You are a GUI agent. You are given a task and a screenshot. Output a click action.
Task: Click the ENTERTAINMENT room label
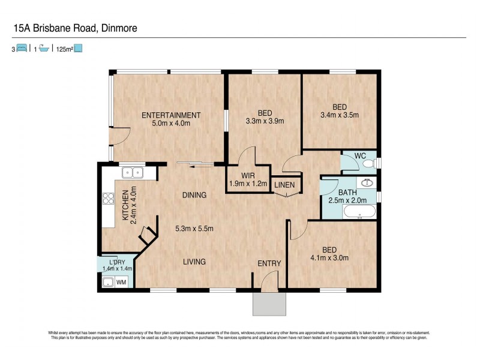170,115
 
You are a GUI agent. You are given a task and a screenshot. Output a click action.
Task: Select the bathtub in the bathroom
358,212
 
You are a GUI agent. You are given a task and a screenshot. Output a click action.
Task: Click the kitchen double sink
132,173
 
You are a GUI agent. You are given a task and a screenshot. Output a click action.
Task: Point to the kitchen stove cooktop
109,199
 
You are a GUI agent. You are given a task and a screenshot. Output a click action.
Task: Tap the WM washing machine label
121,281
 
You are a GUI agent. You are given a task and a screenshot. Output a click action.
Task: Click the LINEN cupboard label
284,185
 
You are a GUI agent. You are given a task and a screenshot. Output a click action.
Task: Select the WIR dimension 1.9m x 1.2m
248,184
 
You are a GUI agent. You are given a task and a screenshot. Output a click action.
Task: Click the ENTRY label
269,263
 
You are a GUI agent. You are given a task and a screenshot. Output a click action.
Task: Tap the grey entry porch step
269,304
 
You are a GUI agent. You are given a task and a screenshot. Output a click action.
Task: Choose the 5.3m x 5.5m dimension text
194,229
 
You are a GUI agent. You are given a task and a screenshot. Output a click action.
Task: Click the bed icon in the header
21,49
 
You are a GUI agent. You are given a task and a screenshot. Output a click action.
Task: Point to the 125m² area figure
64,49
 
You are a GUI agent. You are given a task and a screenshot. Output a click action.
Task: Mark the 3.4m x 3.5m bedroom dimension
340,115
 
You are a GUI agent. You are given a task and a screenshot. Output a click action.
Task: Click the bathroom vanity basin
367,183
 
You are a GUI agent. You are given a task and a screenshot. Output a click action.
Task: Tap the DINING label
194,195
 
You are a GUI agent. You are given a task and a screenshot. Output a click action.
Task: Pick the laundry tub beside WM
108,282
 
